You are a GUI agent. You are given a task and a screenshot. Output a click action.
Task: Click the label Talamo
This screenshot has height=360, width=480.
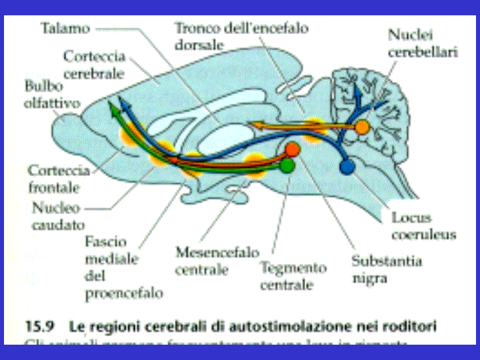(64, 29)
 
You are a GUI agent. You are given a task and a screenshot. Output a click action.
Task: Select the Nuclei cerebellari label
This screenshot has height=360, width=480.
(423, 42)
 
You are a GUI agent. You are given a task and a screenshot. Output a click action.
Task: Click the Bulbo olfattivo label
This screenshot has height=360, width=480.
(52, 95)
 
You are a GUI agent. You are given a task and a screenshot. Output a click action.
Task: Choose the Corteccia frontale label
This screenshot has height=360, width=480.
(59, 179)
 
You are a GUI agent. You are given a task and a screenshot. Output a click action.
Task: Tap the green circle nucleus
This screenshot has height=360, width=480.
(287, 165)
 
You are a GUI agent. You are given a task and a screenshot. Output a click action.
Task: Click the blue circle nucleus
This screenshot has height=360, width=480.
(347, 166)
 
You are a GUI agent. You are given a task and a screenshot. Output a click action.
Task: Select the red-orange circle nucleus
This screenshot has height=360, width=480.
(293, 149)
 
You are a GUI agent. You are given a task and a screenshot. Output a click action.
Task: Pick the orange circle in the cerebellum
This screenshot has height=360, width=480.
(361, 127)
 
